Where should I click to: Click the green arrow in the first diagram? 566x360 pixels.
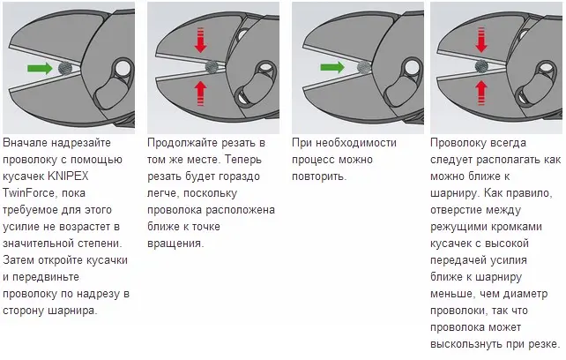(x=40, y=68)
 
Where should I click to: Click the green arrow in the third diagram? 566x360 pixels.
(x=332, y=67)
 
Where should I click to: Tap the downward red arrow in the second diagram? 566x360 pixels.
(x=201, y=40)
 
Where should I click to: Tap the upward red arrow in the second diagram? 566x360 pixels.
(x=201, y=94)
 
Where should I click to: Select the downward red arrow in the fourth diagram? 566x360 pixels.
(x=481, y=40)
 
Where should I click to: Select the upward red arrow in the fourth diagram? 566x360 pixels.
(x=481, y=93)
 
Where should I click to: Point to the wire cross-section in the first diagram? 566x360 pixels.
(x=65, y=68)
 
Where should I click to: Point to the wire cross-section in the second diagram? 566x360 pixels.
(x=212, y=66)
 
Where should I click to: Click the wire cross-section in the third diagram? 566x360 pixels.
(x=364, y=67)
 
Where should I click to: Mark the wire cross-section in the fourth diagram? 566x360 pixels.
(x=481, y=66)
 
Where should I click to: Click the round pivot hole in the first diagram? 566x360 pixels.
(x=123, y=68)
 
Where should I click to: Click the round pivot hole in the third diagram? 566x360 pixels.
(x=413, y=67)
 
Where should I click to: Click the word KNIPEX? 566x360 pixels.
(x=68, y=176)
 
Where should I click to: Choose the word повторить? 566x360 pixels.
(x=319, y=176)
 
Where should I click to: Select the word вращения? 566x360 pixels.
(x=175, y=244)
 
